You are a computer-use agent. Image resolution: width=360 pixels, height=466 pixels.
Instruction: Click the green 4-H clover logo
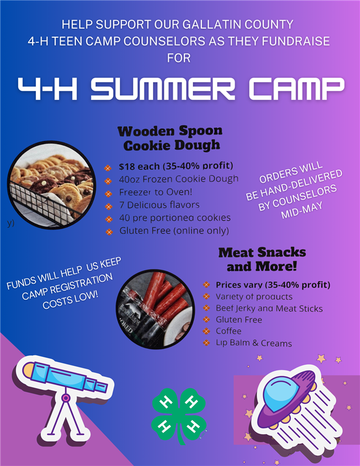click(178, 415)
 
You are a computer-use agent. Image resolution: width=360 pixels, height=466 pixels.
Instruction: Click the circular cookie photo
click(51, 185)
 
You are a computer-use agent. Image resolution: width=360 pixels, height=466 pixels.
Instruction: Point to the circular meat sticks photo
click(155, 308)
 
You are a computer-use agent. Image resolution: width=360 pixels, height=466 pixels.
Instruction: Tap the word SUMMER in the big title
click(163, 88)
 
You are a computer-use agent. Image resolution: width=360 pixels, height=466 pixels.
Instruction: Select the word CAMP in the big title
click(296, 88)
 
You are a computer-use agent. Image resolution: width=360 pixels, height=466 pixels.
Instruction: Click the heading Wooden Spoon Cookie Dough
click(170, 138)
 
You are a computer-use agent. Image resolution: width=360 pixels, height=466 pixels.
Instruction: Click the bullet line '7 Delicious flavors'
click(159, 205)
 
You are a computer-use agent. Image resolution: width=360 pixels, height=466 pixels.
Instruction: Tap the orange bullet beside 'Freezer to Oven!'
click(109, 194)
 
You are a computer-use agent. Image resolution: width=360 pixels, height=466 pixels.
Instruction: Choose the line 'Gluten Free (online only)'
click(174, 231)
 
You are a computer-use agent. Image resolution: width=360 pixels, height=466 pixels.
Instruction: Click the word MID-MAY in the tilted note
click(301, 210)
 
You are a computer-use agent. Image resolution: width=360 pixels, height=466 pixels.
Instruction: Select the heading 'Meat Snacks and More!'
click(262, 259)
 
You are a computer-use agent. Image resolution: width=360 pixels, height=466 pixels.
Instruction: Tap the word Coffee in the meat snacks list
click(228, 331)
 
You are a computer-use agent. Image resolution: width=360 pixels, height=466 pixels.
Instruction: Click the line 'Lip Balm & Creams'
click(254, 343)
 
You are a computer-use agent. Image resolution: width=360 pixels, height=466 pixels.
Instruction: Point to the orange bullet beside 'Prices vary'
click(206, 285)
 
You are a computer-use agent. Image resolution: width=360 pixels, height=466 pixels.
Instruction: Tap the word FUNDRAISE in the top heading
click(296, 41)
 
